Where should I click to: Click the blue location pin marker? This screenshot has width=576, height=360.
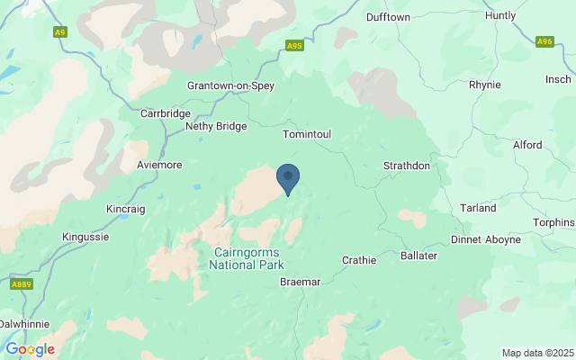(x=287, y=177)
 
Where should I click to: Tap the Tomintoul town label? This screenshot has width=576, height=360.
(x=307, y=134)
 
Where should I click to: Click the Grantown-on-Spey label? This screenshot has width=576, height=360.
(x=229, y=85)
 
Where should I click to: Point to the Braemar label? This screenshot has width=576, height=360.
(x=300, y=282)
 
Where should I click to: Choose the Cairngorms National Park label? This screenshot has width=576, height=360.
(x=247, y=258)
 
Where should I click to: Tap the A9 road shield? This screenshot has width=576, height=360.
(x=60, y=32)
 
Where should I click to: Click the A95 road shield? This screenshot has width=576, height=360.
(x=294, y=45)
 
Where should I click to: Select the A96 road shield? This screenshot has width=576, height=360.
(x=544, y=41)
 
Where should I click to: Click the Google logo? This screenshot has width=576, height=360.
(x=30, y=349)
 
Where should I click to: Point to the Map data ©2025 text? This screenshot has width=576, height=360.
(x=536, y=353)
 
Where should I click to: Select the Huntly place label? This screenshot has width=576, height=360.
(x=500, y=15)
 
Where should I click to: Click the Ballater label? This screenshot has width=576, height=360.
(x=418, y=256)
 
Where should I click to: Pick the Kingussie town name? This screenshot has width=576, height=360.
(x=87, y=237)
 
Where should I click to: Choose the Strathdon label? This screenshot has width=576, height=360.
(x=407, y=166)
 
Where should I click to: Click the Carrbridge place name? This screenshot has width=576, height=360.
(x=166, y=114)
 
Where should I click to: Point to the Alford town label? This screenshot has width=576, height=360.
(x=526, y=145)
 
